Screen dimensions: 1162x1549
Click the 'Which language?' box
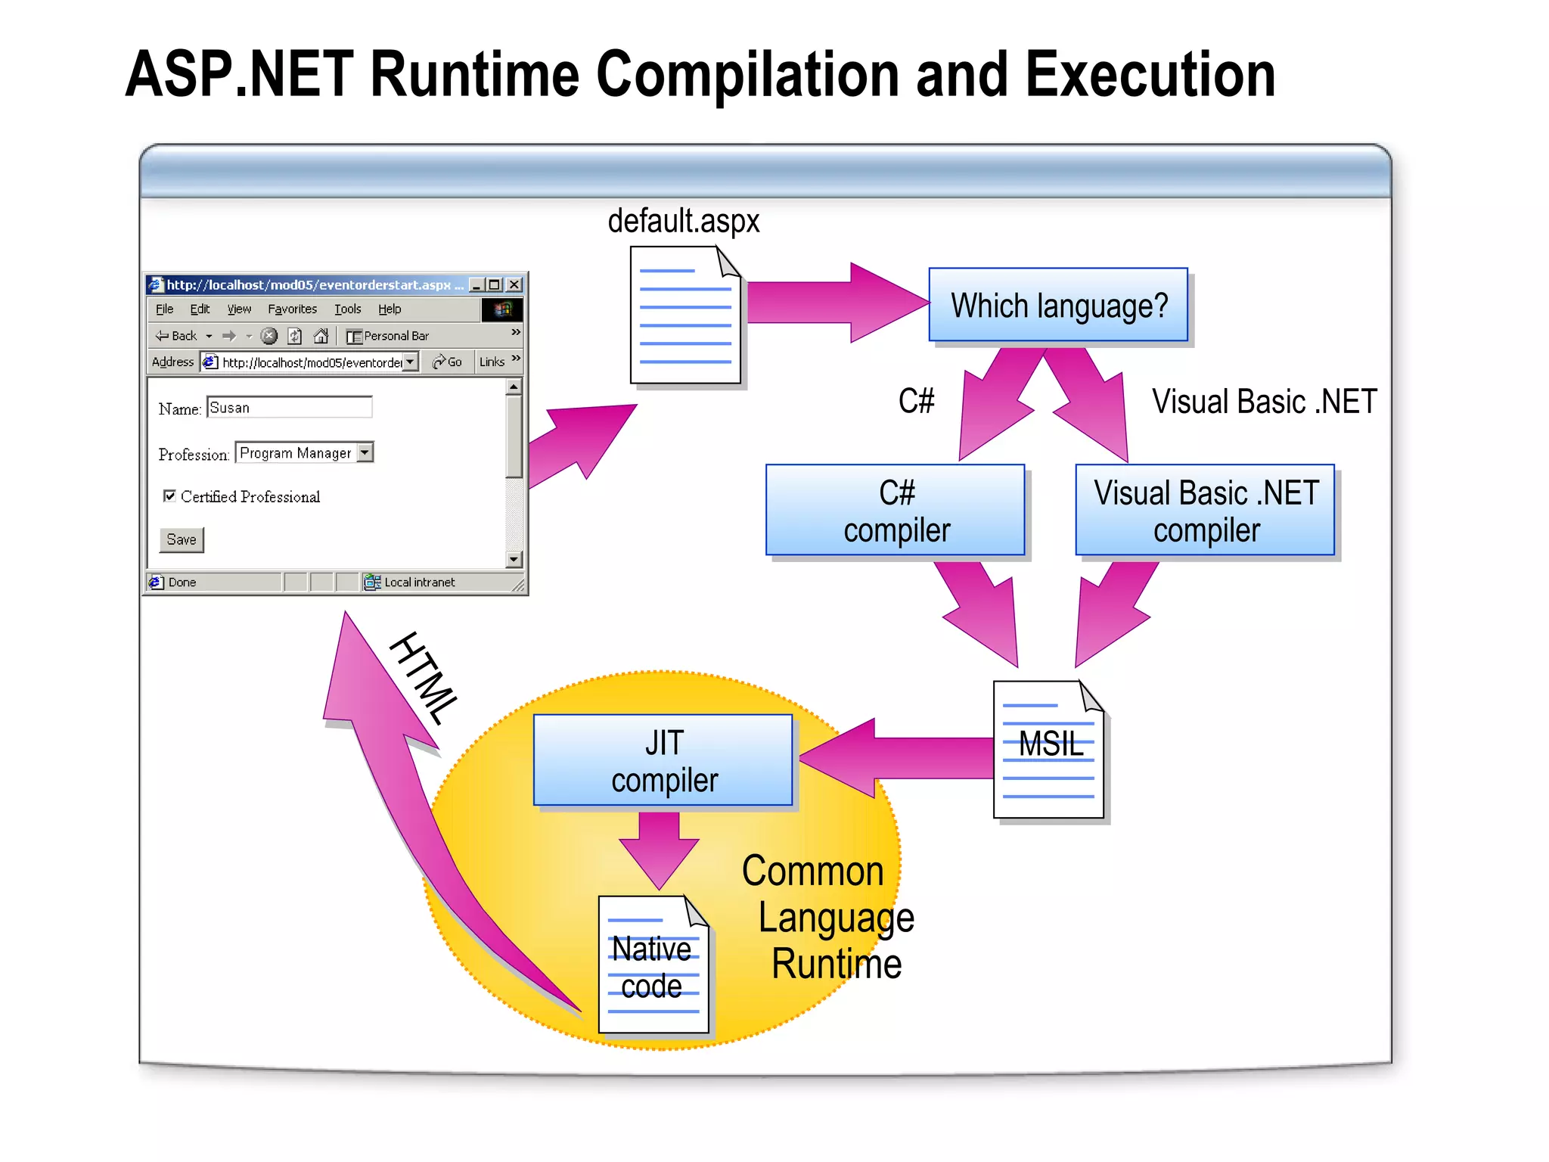pyautogui.click(x=1057, y=305)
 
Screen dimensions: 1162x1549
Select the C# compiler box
pyautogui.click(x=896, y=511)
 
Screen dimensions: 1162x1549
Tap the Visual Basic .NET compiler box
pyautogui.click(x=1205, y=511)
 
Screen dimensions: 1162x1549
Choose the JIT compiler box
pyautogui.click(x=663, y=760)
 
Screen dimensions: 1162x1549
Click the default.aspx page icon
pyautogui.click(x=684, y=315)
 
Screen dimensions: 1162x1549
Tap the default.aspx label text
pyautogui.click(x=683, y=221)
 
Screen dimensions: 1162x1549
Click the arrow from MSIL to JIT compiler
pyautogui.click(x=900, y=757)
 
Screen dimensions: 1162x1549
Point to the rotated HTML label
pyautogui.click(x=424, y=678)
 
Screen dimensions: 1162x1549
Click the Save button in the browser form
pyautogui.click(x=182, y=539)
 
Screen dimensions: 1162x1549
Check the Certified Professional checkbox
pyautogui.click(x=169, y=496)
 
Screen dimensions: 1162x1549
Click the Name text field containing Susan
pyautogui.click(x=289, y=408)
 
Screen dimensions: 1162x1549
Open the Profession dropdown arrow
pyautogui.click(x=365, y=452)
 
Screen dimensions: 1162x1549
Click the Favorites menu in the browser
pyautogui.click(x=292, y=309)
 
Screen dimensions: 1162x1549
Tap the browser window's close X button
pyautogui.click(x=514, y=284)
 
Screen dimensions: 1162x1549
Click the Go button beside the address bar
pyautogui.click(x=448, y=362)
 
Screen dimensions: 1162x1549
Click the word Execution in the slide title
pyautogui.click(x=1150, y=74)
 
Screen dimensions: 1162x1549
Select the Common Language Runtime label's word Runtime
pyautogui.click(x=837, y=965)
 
